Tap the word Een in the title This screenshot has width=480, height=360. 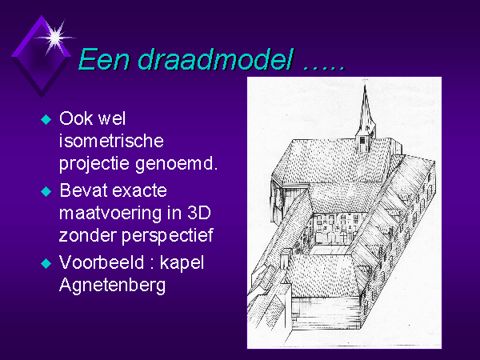tap(104, 59)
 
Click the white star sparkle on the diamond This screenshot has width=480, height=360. tap(55, 38)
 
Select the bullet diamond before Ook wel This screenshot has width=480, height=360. tap(46, 119)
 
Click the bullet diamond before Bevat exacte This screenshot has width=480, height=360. tap(46, 192)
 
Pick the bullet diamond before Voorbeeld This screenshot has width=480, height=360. tap(46, 263)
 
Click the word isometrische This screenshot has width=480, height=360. tap(111, 141)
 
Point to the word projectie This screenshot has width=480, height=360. tap(94, 164)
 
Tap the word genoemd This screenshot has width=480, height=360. tap(176, 164)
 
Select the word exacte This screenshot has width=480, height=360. tap(139, 191)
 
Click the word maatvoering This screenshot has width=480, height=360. tap(110, 214)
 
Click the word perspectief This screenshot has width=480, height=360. tap(167, 236)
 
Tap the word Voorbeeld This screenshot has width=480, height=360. tap(102, 262)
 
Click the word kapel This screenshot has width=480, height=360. tap(182, 263)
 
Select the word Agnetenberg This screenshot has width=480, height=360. tap(112, 286)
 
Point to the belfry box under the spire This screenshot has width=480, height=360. tap(364, 143)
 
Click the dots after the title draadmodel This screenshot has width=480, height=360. tap(324, 68)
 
